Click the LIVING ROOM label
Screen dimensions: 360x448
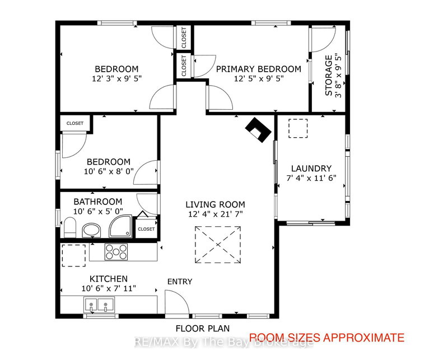point(216,204)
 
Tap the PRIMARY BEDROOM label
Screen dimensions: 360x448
point(258,69)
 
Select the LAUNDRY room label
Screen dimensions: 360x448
point(311,168)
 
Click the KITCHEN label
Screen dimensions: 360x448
point(109,278)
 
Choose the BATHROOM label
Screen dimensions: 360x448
point(97,202)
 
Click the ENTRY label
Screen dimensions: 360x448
point(179,282)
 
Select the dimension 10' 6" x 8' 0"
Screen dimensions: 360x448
point(109,172)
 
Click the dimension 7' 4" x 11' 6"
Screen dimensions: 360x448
point(311,179)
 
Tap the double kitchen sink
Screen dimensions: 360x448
point(97,305)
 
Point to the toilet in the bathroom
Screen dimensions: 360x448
point(69,227)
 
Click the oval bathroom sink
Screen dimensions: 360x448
point(91,230)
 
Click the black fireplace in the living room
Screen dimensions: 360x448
point(259,129)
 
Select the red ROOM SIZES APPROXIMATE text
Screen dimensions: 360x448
point(326,337)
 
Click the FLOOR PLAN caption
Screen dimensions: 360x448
point(203,328)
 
